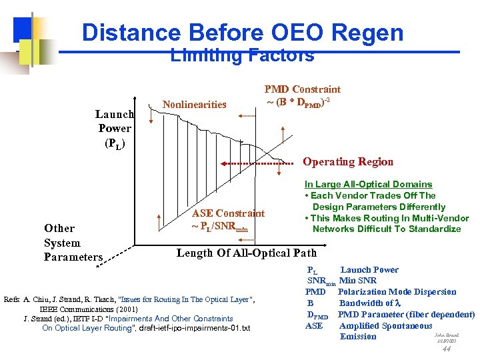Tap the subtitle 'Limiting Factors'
tap(242, 56)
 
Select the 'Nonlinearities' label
tap(195, 104)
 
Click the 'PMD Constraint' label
tap(302, 89)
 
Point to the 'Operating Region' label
tap(348, 161)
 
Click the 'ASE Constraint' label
tap(228, 213)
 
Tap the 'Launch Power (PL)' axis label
tap(114, 128)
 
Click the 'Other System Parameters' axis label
tap(73, 243)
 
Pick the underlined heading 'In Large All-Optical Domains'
tap(368, 184)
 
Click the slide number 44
tap(446, 348)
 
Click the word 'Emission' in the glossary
tap(358, 336)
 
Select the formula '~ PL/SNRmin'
tap(220, 225)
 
